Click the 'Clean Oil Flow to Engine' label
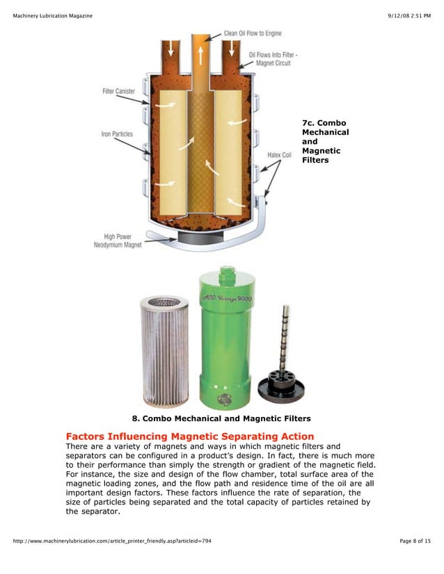(x=253, y=33)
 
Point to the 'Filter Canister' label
(x=118, y=91)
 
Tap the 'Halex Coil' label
(x=280, y=155)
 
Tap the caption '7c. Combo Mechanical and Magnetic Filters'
(x=325, y=142)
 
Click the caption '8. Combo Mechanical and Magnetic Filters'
(x=221, y=418)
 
